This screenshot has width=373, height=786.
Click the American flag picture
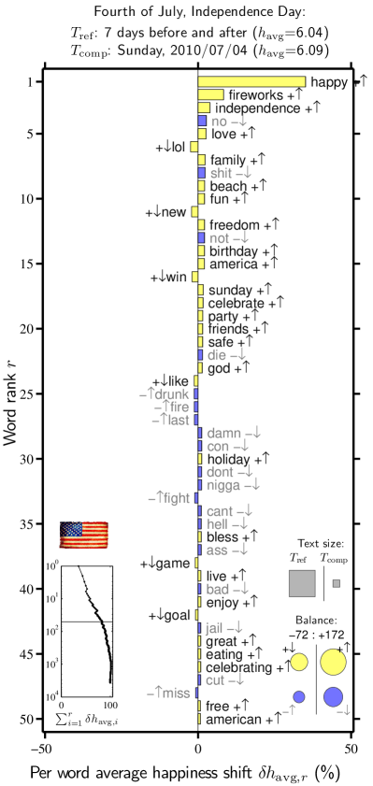[84, 535]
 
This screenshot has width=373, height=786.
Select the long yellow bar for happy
[251, 82]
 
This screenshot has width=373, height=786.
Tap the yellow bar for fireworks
[210, 95]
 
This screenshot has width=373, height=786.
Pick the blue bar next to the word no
[202, 121]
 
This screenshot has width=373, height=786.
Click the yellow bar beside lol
[194, 147]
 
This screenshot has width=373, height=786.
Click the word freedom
[234, 224]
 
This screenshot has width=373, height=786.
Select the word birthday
[233, 251]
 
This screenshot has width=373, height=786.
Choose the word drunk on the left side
[171, 394]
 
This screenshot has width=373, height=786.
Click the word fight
[175, 499]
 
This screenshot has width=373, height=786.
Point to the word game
[173, 564]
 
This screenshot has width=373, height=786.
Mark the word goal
[177, 615]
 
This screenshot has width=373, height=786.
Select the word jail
[214, 628]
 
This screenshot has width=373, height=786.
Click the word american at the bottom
[234, 720]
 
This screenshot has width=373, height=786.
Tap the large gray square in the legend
[302, 583]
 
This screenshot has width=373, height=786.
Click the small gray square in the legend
[336, 583]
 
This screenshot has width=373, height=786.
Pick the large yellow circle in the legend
[333, 662]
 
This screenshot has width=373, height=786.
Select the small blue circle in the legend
[299, 696]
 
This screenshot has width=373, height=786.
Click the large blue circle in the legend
[333, 696]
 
